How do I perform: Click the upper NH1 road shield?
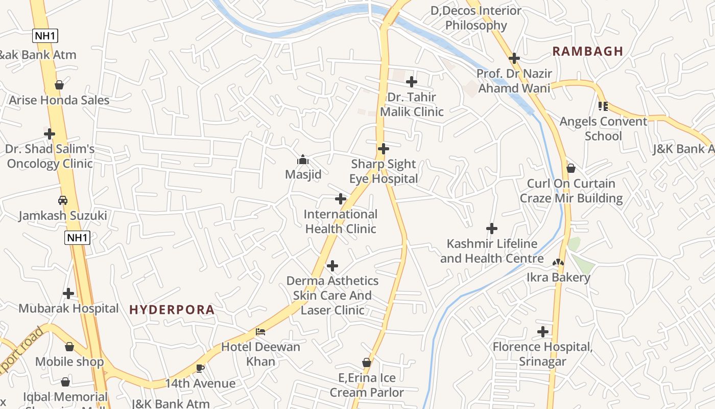[45, 36]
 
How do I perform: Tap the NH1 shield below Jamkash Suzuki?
[77, 237]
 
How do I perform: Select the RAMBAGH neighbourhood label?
[587, 51]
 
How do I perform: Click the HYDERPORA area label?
[172, 310]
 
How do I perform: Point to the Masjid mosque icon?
[303, 160]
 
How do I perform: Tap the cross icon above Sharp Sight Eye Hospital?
[383, 149]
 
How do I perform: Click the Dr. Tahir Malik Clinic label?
[412, 104]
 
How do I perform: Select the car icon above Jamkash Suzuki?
[63, 200]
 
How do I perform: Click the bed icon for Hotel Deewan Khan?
[260, 331]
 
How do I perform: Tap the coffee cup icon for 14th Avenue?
[200, 368]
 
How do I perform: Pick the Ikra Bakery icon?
[558, 263]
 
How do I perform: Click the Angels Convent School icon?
[603, 106]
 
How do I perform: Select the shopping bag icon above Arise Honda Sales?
[59, 85]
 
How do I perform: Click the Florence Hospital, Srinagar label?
[542, 354]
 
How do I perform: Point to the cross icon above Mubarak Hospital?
[68, 293]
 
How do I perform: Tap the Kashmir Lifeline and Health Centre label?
[491, 251]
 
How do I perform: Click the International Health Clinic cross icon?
[341, 199]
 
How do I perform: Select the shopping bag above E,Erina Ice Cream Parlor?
[366, 362]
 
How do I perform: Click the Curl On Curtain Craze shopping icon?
[571, 168]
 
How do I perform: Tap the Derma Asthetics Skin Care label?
[332, 295]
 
